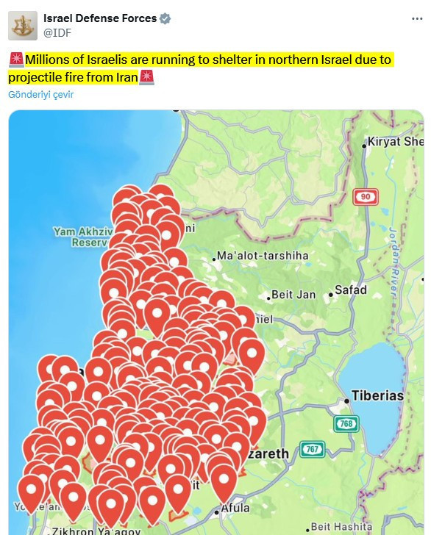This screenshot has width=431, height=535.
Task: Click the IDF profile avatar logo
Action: tap(23, 26)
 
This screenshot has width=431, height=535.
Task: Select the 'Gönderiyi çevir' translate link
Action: tap(41, 95)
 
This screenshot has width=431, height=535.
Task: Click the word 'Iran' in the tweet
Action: tap(125, 76)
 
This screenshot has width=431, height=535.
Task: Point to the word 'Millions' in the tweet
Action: tap(49, 60)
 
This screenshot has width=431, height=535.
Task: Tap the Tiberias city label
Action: tap(377, 395)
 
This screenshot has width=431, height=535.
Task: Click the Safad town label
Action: tap(350, 290)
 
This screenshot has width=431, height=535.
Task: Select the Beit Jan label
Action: tap(293, 295)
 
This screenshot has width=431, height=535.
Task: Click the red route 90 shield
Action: tap(366, 196)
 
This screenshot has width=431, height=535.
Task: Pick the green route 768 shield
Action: tap(346, 424)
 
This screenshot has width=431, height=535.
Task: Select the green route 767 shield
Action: tap(312, 449)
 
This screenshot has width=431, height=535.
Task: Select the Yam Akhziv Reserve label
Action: tap(81, 237)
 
